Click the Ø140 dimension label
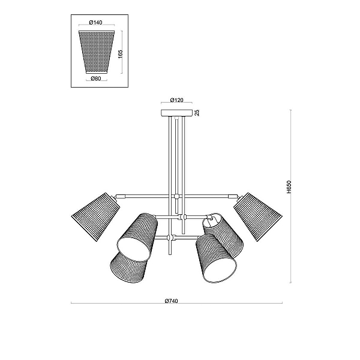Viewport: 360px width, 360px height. (95, 22)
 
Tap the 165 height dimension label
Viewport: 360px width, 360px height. (121, 54)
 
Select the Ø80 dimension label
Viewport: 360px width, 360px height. (96, 78)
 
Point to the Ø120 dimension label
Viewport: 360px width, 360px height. (176, 100)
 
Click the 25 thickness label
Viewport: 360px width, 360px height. (197, 113)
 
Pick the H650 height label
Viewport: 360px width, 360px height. (289, 187)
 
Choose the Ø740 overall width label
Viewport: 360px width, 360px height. (171, 301)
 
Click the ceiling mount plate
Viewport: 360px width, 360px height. (176, 113)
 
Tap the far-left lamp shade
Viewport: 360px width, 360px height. (96, 217)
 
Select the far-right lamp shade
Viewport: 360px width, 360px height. (258, 217)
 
